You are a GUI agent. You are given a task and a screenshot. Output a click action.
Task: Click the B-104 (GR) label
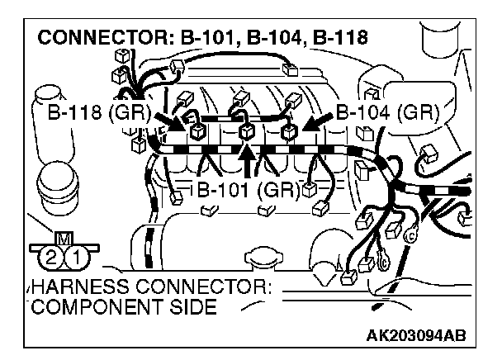click(388, 113)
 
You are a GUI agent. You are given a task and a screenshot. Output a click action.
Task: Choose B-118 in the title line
click(338, 37)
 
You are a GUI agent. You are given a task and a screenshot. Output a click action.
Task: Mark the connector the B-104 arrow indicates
click(288, 131)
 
